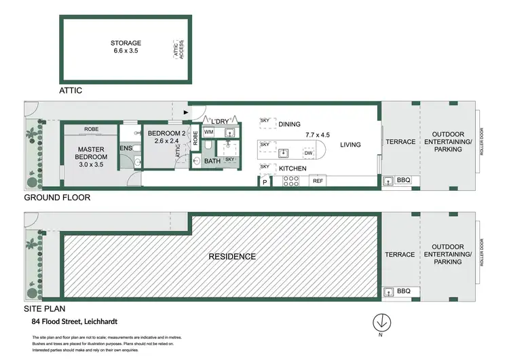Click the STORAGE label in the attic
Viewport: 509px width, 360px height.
126,43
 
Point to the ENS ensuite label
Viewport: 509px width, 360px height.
126,147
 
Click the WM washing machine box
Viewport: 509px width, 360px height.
209,132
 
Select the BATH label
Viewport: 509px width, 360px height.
212,161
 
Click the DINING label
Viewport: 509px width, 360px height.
288,124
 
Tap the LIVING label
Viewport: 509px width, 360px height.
350,145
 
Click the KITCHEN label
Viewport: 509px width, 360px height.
292,168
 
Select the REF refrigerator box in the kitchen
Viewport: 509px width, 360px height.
318,181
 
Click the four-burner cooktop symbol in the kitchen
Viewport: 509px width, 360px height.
290,181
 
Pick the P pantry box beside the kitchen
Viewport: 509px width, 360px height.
264,181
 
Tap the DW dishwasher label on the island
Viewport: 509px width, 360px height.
307,153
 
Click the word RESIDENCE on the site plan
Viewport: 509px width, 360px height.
232,256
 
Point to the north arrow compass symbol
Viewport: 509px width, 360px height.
381,323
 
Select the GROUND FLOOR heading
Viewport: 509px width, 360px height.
57,198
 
